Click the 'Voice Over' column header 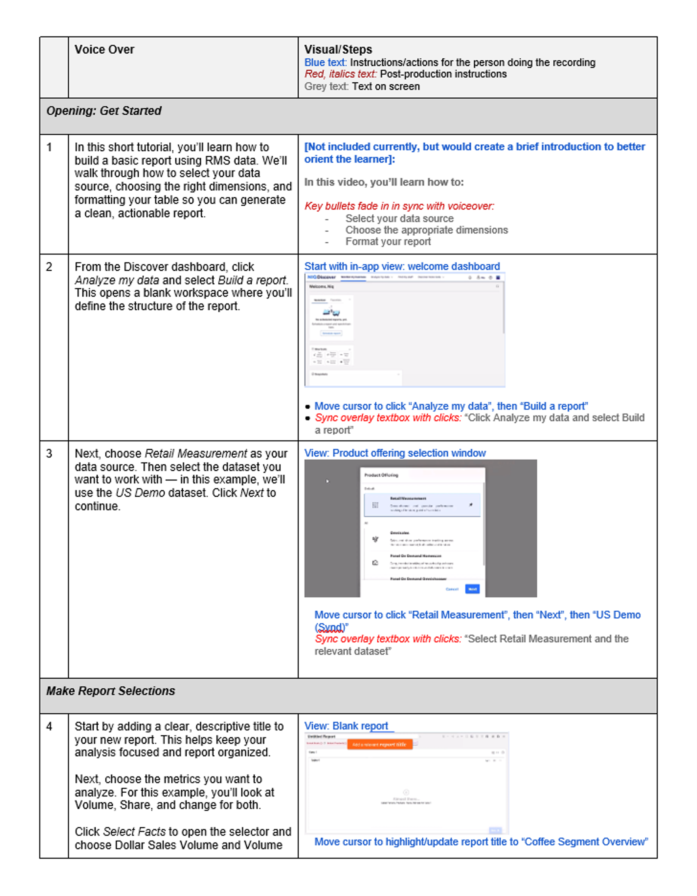(x=104, y=50)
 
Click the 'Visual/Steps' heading (x=338, y=50)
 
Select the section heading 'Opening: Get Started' (x=103, y=111)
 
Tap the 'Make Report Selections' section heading (x=110, y=691)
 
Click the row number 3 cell (x=49, y=453)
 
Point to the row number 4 (x=49, y=726)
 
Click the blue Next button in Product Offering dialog (x=472, y=589)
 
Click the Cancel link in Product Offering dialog (x=452, y=589)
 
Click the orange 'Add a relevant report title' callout (x=379, y=744)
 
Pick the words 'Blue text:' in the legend (x=325, y=62)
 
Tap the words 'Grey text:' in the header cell (x=326, y=87)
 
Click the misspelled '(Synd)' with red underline (x=331, y=627)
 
